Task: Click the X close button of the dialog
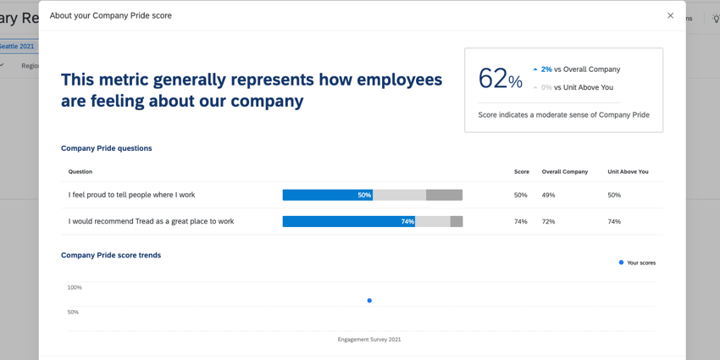pyautogui.click(x=670, y=15)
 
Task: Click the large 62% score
pyautogui.click(x=500, y=79)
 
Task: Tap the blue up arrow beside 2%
pyautogui.click(x=535, y=69)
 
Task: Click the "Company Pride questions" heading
pyautogui.click(x=106, y=148)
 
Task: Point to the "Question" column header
pyautogui.click(x=80, y=172)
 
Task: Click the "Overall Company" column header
pyautogui.click(x=564, y=172)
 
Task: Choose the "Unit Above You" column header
pyautogui.click(x=628, y=172)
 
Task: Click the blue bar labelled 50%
pyautogui.click(x=327, y=195)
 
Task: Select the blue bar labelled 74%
pyautogui.click(x=348, y=221)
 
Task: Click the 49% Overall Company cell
pyautogui.click(x=548, y=195)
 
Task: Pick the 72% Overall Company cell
pyautogui.click(x=548, y=221)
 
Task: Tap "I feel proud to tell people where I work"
pyautogui.click(x=131, y=195)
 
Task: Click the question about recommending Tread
pyautogui.click(x=151, y=221)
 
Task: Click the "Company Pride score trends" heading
pyautogui.click(x=111, y=255)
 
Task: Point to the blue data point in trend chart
pyautogui.click(x=369, y=301)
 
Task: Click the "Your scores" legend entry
pyautogui.click(x=637, y=263)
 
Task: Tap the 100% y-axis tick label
pyautogui.click(x=75, y=288)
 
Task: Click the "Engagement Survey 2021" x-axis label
pyautogui.click(x=369, y=340)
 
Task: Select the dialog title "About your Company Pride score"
pyautogui.click(x=110, y=15)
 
